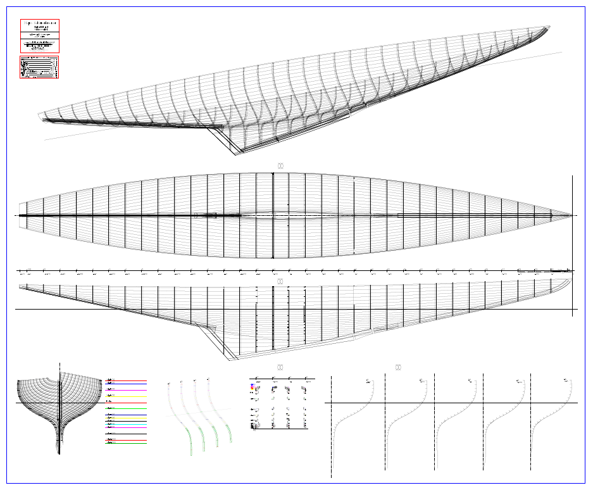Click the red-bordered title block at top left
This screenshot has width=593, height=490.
click(x=40, y=36)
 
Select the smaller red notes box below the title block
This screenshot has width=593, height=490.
click(x=39, y=67)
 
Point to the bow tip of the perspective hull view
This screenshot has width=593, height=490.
click(x=548, y=27)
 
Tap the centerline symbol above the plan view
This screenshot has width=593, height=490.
click(x=280, y=166)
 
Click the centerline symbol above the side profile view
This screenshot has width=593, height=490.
click(x=280, y=281)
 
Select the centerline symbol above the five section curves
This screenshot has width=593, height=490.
click(x=398, y=367)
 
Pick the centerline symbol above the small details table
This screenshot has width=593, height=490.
click(x=280, y=367)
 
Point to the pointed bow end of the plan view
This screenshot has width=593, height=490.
click(x=571, y=216)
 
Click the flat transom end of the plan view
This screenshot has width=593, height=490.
click(x=20, y=216)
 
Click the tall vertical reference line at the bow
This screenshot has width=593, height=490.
click(x=572, y=247)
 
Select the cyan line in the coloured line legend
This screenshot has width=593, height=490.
click(x=126, y=424)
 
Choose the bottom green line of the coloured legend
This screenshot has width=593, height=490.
click(x=126, y=443)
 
